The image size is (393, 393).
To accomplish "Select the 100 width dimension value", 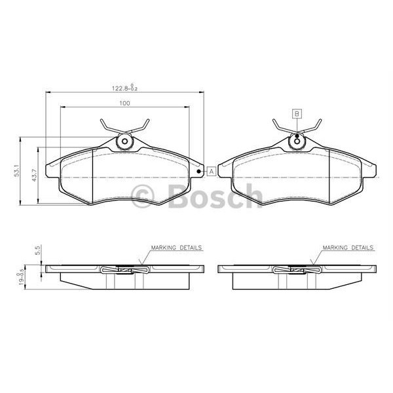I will pyautogui.click(x=124, y=103).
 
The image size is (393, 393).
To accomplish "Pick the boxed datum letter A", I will pyautogui.click(x=212, y=172).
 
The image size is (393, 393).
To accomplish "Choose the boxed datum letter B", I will pyautogui.click(x=297, y=113).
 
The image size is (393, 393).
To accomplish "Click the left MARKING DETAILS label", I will pyautogui.click(x=176, y=248).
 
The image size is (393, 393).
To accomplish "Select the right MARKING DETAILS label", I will pyautogui.click(x=348, y=248).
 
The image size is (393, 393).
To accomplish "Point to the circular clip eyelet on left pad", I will pyautogui.click(x=124, y=142).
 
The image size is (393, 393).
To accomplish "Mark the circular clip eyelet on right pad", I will pyautogui.click(x=297, y=142).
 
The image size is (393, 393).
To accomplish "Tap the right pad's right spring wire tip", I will pyautogui.click(x=321, y=120).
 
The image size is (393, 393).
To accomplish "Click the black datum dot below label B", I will pyautogui.click(x=297, y=136).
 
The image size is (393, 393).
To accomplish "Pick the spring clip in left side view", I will pyautogui.click(x=125, y=269).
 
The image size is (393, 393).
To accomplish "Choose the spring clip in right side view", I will pyautogui.click(x=297, y=269).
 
